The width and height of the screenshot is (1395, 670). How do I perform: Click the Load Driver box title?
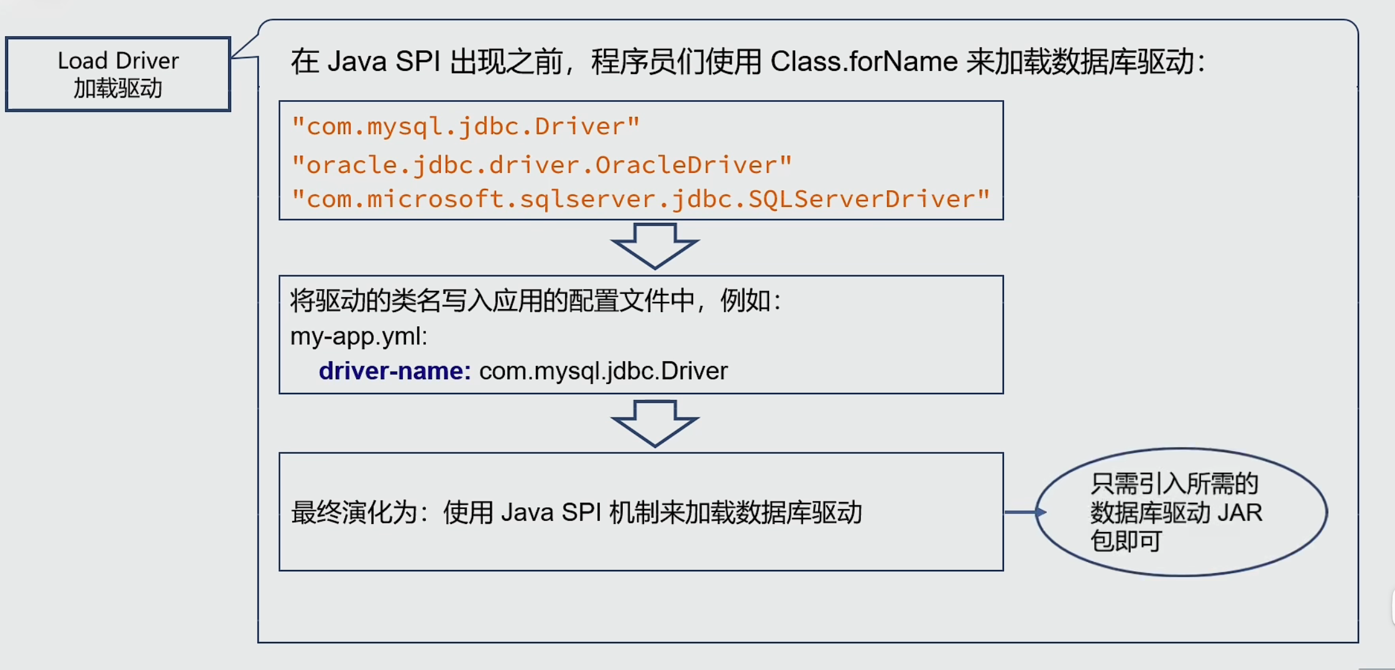click(118, 61)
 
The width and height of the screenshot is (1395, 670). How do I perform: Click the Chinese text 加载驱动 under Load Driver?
click(118, 88)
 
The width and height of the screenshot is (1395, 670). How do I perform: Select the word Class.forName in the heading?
click(863, 62)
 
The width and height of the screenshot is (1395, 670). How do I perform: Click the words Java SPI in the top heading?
click(384, 62)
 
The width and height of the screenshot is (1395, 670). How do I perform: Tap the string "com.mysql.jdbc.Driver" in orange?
click(466, 127)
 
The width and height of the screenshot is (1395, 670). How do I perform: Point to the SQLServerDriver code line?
click(641, 200)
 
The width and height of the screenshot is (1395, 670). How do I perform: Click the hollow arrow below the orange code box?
click(655, 246)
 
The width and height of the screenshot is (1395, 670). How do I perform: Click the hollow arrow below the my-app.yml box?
click(655, 423)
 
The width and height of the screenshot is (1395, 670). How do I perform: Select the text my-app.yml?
click(359, 336)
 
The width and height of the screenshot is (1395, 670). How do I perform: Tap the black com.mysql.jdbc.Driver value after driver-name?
click(603, 371)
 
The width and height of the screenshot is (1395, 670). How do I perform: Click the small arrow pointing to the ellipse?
click(1025, 512)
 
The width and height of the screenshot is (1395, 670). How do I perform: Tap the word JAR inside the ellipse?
click(1240, 513)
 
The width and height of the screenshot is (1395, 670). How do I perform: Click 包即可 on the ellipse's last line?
click(1126, 541)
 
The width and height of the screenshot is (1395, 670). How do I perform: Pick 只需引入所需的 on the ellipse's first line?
click(1174, 484)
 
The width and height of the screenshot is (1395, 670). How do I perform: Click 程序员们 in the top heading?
click(647, 62)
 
